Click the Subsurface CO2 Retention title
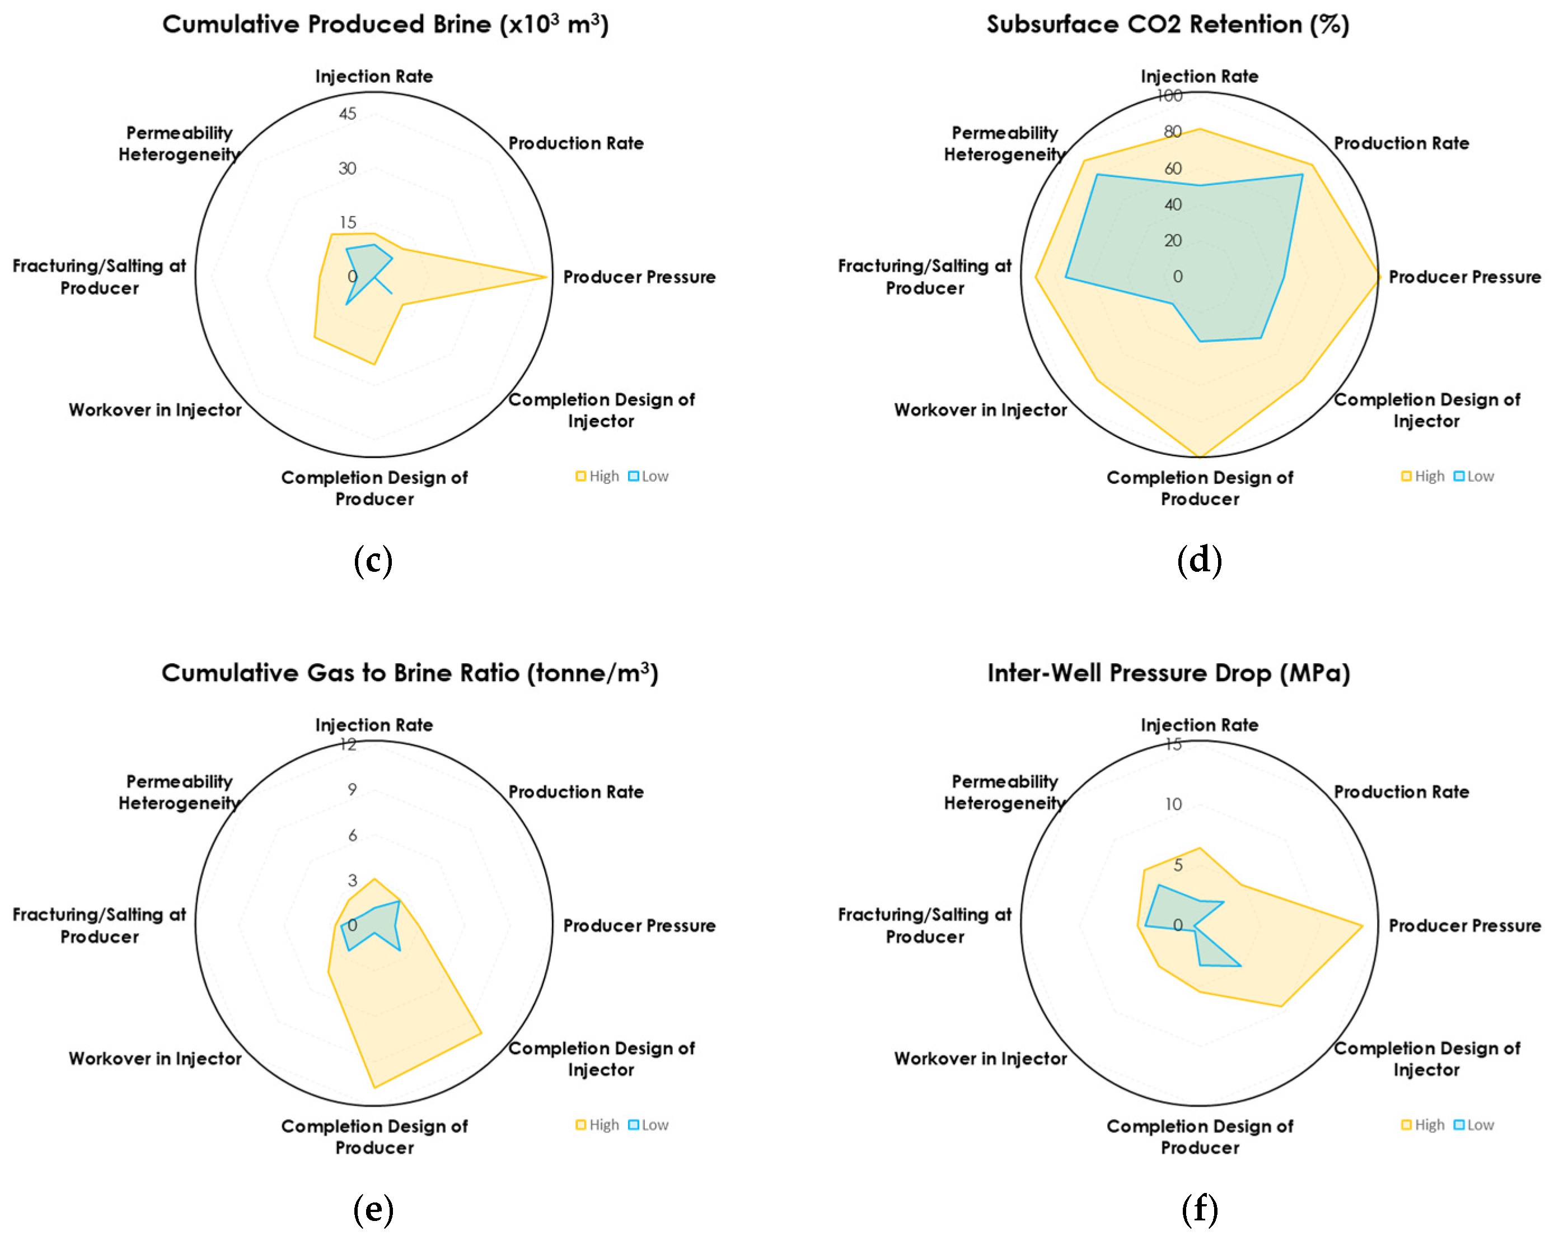(x=1168, y=25)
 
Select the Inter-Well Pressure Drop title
(x=1168, y=673)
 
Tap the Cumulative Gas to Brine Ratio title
(x=410, y=673)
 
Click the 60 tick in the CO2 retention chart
(x=1173, y=169)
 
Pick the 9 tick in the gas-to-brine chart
(x=352, y=789)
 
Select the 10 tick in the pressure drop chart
(x=1173, y=804)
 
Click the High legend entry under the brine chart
(x=597, y=476)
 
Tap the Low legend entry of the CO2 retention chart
(x=1474, y=476)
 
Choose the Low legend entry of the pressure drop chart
(x=1474, y=1125)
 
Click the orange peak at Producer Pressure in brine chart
(x=546, y=277)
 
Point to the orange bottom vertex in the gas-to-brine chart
(x=374, y=1087)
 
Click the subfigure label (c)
(x=373, y=560)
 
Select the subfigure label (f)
(x=1199, y=1209)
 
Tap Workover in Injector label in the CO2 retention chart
(x=980, y=410)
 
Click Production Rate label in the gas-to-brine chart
(x=576, y=792)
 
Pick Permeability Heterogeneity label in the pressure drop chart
(x=1004, y=792)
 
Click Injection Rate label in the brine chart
(x=374, y=76)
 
